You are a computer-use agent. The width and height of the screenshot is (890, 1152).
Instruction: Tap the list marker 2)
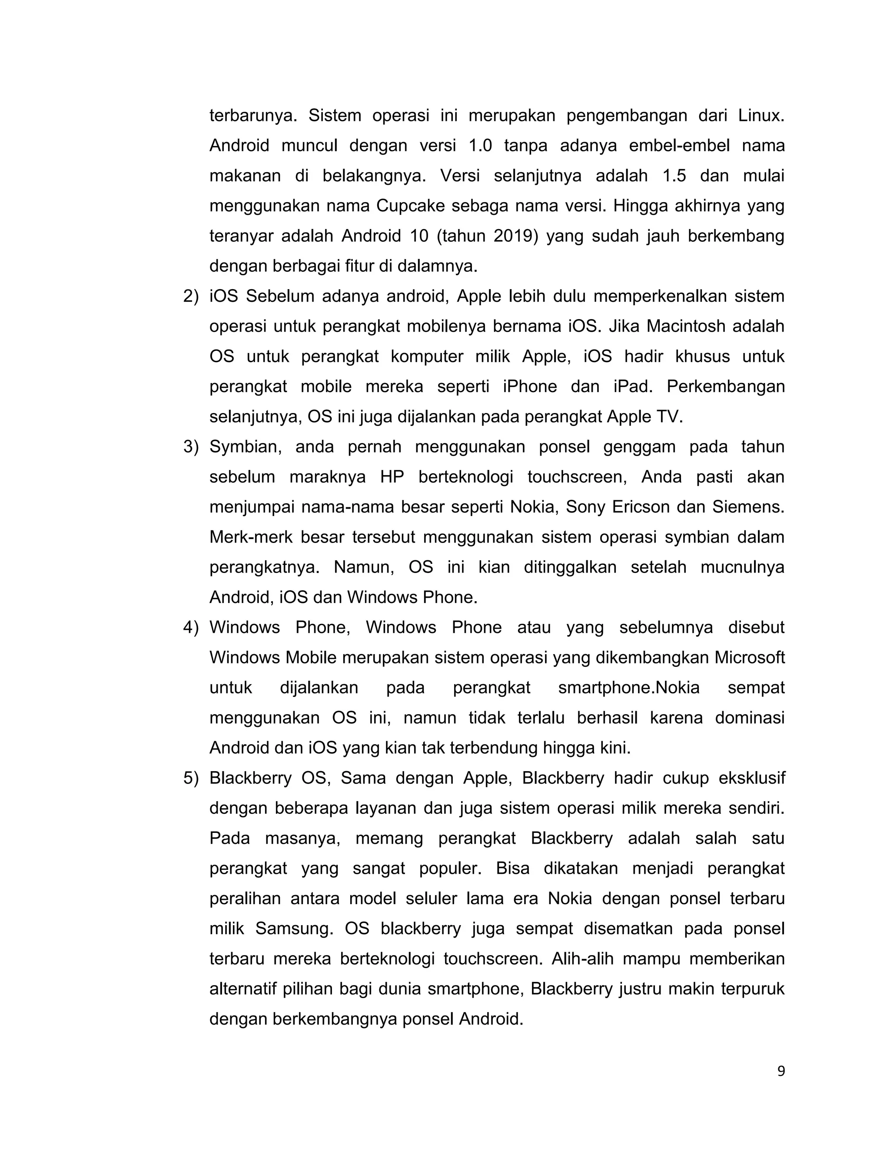click(x=190, y=296)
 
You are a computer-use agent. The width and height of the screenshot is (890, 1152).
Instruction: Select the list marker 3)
click(x=190, y=447)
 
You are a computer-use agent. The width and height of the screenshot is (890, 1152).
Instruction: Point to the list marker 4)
click(x=190, y=627)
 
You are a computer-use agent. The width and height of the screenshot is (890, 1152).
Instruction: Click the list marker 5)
click(x=190, y=778)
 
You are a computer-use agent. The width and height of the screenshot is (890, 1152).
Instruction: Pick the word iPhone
click(x=530, y=386)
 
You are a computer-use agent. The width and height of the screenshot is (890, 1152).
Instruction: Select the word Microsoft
click(x=749, y=658)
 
